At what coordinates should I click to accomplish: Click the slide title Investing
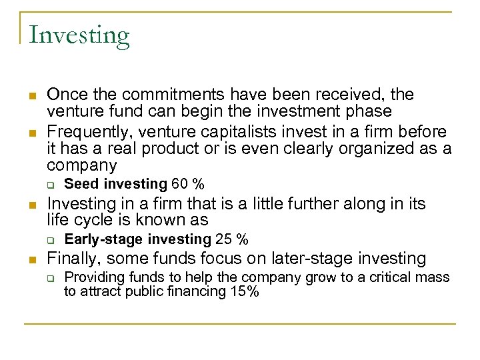coord(79,35)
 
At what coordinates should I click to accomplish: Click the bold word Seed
coord(79,184)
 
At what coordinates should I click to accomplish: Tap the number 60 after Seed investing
coord(179,184)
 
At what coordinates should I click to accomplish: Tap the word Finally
coord(73,258)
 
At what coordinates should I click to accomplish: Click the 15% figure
coord(243,292)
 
